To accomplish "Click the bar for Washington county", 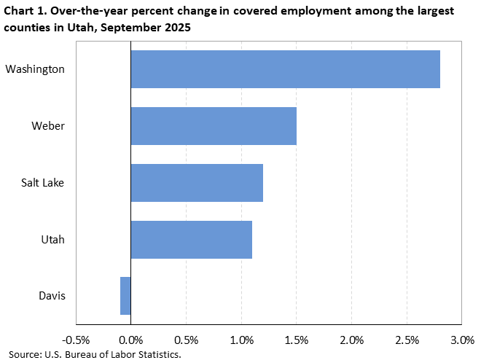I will pyautogui.click(x=285, y=69).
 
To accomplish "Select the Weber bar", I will pyautogui.click(x=214, y=126).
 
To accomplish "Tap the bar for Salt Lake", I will pyautogui.click(x=197, y=182).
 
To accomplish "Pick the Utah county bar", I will pyautogui.click(x=191, y=239).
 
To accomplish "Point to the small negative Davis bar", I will pyautogui.click(x=125, y=296).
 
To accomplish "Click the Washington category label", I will pyautogui.click(x=35, y=69).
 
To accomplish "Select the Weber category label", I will pyautogui.click(x=48, y=126).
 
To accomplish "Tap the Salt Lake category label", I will pyautogui.click(x=43, y=182).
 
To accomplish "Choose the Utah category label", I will pyautogui.click(x=53, y=239).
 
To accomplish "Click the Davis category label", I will pyautogui.click(x=52, y=296).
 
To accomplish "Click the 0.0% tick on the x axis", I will pyautogui.click(x=130, y=340).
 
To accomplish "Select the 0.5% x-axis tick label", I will pyautogui.click(x=186, y=340).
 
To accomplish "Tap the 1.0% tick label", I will pyautogui.click(x=241, y=340).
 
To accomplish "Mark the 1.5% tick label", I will pyautogui.click(x=297, y=340).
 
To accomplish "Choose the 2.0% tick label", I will pyautogui.click(x=351, y=340).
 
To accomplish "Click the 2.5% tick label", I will pyautogui.click(x=407, y=340).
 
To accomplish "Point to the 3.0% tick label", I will pyautogui.click(x=462, y=340).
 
